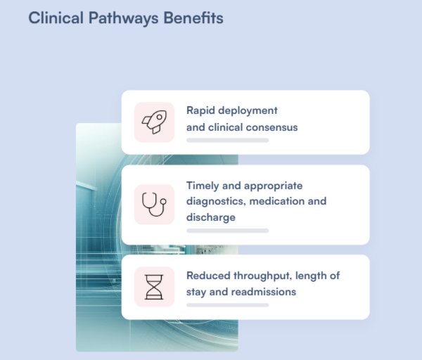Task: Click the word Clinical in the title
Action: (x=56, y=18)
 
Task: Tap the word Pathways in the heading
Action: (x=124, y=18)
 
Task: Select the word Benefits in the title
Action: (x=193, y=18)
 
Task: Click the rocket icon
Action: (x=154, y=122)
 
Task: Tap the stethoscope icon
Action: (x=154, y=204)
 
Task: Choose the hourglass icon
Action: (x=154, y=287)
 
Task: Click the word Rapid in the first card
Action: (x=200, y=111)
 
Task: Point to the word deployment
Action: (x=248, y=111)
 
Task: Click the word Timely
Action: (x=203, y=186)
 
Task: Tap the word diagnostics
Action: (x=216, y=202)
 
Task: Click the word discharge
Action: (x=211, y=217)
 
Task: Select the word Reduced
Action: (x=208, y=276)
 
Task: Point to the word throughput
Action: (x=262, y=276)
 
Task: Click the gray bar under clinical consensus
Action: (x=227, y=140)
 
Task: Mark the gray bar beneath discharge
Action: (x=227, y=231)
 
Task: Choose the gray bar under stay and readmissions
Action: (x=227, y=305)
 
